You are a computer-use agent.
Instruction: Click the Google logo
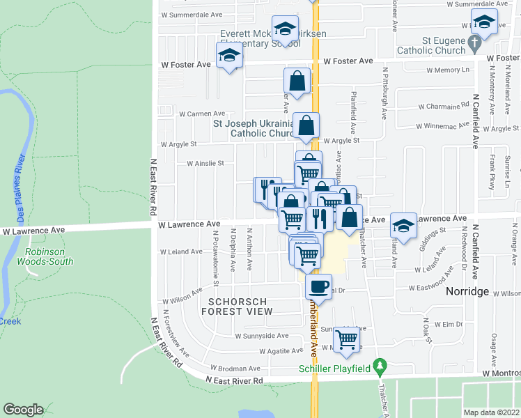(23, 410)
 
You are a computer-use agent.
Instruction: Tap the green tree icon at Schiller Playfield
(380, 365)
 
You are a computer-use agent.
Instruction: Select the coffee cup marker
(318, 286)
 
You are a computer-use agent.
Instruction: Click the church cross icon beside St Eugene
(474, 44)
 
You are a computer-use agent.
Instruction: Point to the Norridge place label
(471, 292)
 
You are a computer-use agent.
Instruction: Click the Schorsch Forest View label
(237, 306)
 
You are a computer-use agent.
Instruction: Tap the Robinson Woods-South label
(49, 256)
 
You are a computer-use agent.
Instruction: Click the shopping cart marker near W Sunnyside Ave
(346, 339)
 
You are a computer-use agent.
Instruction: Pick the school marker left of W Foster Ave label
(229, 55)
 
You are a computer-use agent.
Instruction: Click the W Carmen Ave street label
(201, 114)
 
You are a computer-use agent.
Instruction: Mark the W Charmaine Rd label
(443, 107)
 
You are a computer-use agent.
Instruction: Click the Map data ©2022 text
(491, 412)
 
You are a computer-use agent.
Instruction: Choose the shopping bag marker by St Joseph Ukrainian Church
(306, 126)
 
